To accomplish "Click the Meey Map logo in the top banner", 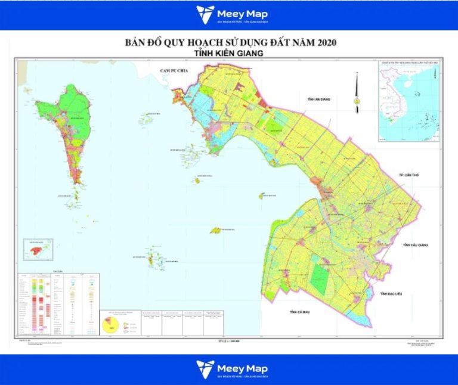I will tap(229, 15).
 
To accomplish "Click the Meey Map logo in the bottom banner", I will tap(229, 369).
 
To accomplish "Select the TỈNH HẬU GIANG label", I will tap(416, 245).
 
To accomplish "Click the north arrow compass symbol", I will tap(357, 92).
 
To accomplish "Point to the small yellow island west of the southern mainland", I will tap(216, 230).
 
